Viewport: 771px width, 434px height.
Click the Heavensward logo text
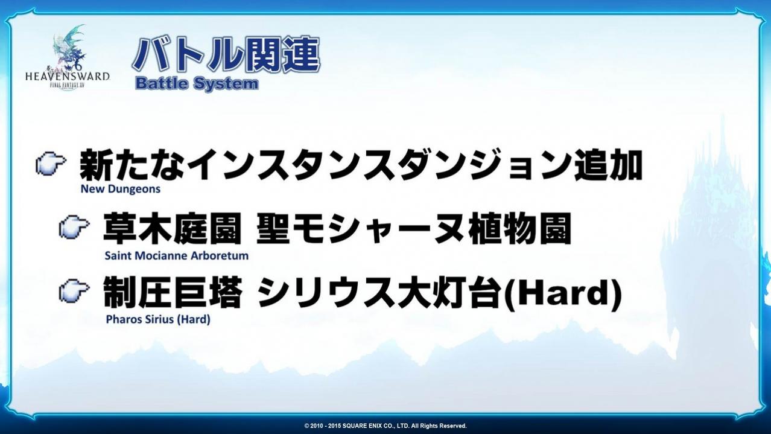pyautogui.click(x=68, y=76)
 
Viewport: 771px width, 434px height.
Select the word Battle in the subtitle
pyautogui.click(x=161, y=84)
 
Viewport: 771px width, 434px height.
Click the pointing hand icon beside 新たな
pyautogui.click(x=51, y=164)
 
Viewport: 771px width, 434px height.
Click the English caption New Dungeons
pyautogui.click(x=121, y=189)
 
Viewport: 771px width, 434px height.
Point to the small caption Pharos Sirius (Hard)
pyautogui.click(x=158, y=320)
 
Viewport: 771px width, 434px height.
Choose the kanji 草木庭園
pyautogui.click(x=172, y=228)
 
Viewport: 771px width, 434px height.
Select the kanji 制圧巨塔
pyautogui.click(x=172, y=292)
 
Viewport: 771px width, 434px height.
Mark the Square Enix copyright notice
pyautogui.click(x=386, y=426)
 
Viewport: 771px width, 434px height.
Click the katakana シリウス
pyautogui.click(x=326, y=292)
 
